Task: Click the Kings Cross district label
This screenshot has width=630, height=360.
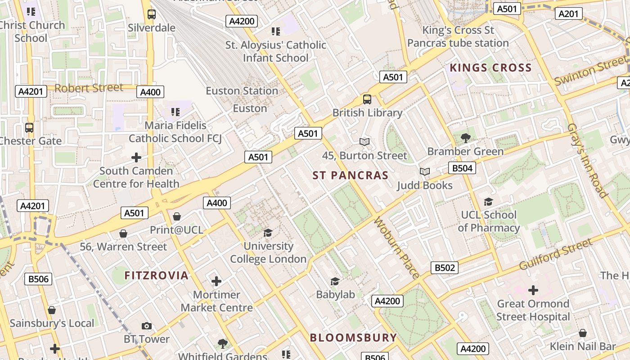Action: coord(490,68)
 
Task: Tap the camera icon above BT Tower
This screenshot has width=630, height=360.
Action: coord(147,326)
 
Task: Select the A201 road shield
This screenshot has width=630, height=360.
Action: coord(568,14)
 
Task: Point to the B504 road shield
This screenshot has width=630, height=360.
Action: coord(462,168)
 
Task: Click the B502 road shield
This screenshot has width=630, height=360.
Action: coord(444,268)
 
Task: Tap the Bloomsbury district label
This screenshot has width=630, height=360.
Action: coord(353,337)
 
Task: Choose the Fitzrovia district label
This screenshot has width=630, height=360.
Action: coord(156,275)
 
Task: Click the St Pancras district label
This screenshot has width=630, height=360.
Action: coord(350,175)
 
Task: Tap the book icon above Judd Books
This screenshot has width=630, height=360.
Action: coord(424,171)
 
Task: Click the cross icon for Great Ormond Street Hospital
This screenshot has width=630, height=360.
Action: coord(533,290)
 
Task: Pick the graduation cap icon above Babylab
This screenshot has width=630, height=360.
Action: coord(335,282)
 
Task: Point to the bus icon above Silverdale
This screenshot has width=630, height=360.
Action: coord(152,14)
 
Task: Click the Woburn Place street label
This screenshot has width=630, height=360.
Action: coord(397,248)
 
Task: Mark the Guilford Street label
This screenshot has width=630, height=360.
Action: coord(556,254)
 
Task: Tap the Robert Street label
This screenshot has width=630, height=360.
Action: coord(89,88)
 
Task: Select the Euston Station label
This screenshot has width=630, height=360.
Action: coord(242,91)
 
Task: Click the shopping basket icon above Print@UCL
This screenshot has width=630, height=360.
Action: coord(176,216)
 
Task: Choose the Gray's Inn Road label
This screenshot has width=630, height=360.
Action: coord(588,160)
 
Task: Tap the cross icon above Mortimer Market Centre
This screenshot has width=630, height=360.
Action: coord(216,282)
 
